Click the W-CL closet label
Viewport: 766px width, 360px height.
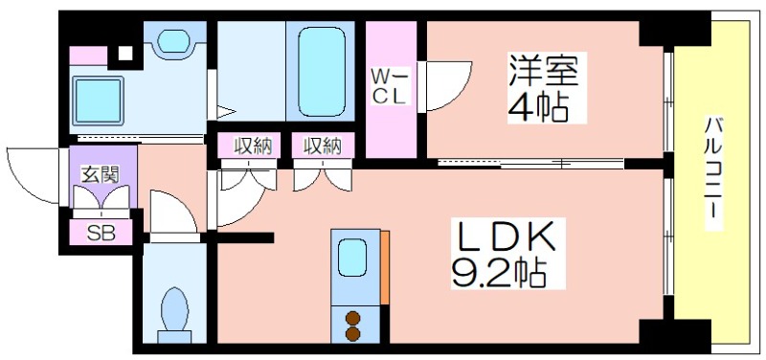pos(389,86)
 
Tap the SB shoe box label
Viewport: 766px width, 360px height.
pos(101,234)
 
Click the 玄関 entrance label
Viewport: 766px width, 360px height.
pos(101,175)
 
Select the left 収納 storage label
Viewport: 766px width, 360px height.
pos(253,146)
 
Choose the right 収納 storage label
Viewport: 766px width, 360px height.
pos(323,146)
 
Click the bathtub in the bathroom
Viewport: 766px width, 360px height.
pos(322,71)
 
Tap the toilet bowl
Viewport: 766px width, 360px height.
pos(174,309)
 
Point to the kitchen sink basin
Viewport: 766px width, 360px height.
pos(352,258)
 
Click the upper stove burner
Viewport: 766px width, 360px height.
pos(352,319)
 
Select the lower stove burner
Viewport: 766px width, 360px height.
pos(352,334)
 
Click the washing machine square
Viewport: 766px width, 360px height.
pos(99,101)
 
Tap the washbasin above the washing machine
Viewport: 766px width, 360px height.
pos(174,40)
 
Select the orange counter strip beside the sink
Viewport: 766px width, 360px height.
pos(385,267)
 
